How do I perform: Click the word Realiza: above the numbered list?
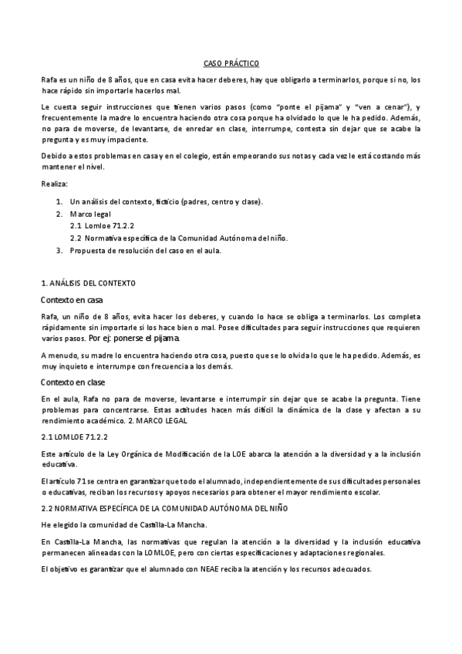click(54, 185)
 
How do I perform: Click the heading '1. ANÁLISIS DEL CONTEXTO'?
click(89, 284)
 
